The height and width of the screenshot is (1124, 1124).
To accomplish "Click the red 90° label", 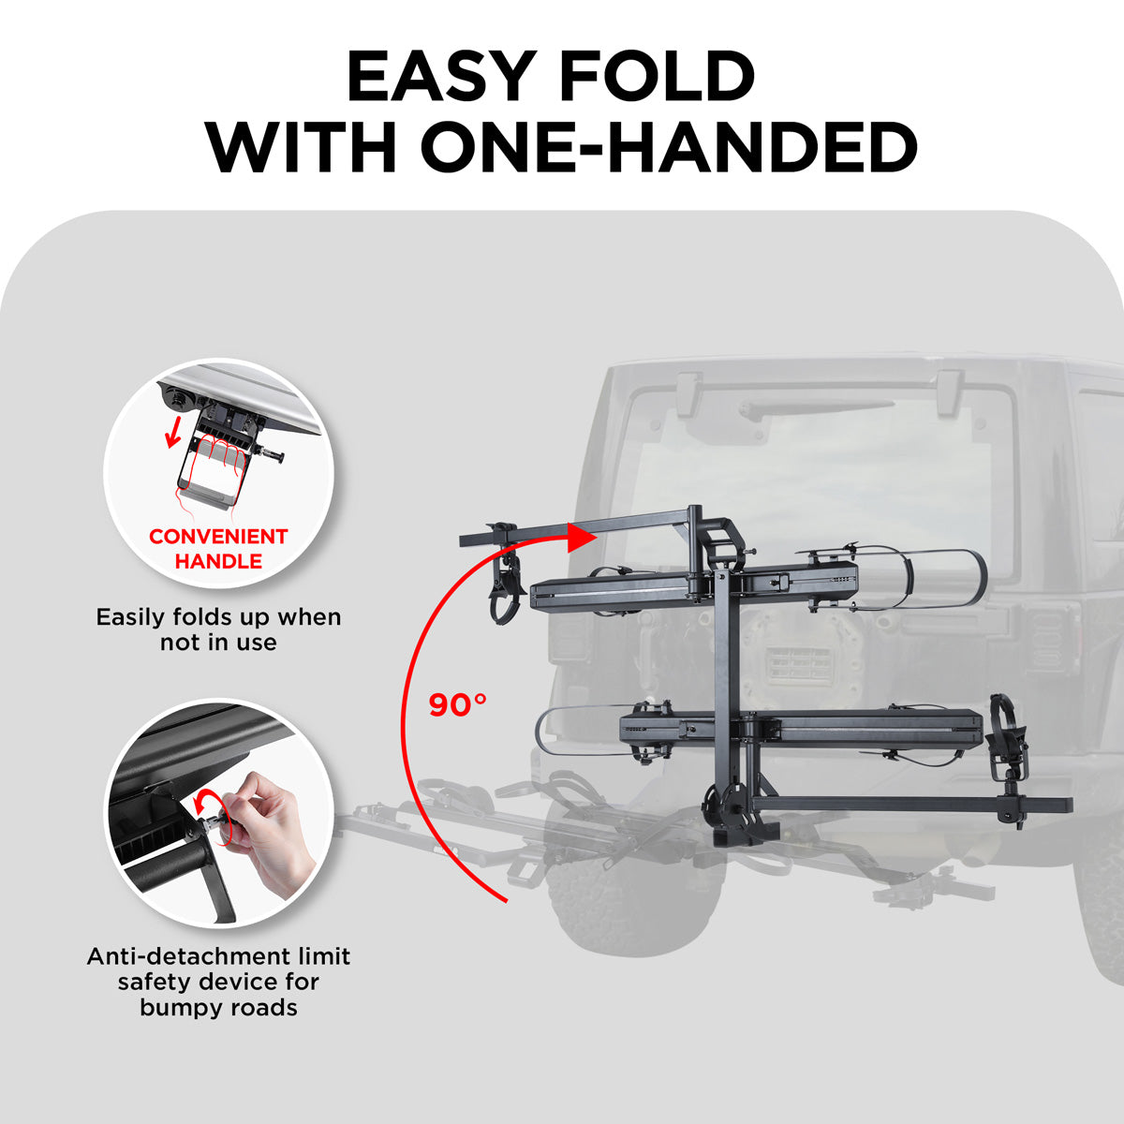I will pos(457,704).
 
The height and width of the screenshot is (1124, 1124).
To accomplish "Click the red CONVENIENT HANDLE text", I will pos(218,549).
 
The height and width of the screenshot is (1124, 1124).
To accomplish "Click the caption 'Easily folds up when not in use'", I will pos(218,629).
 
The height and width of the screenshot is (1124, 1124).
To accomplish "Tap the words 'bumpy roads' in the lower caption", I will pos(218,1008).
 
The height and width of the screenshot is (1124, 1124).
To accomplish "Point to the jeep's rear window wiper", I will pos(815,407).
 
